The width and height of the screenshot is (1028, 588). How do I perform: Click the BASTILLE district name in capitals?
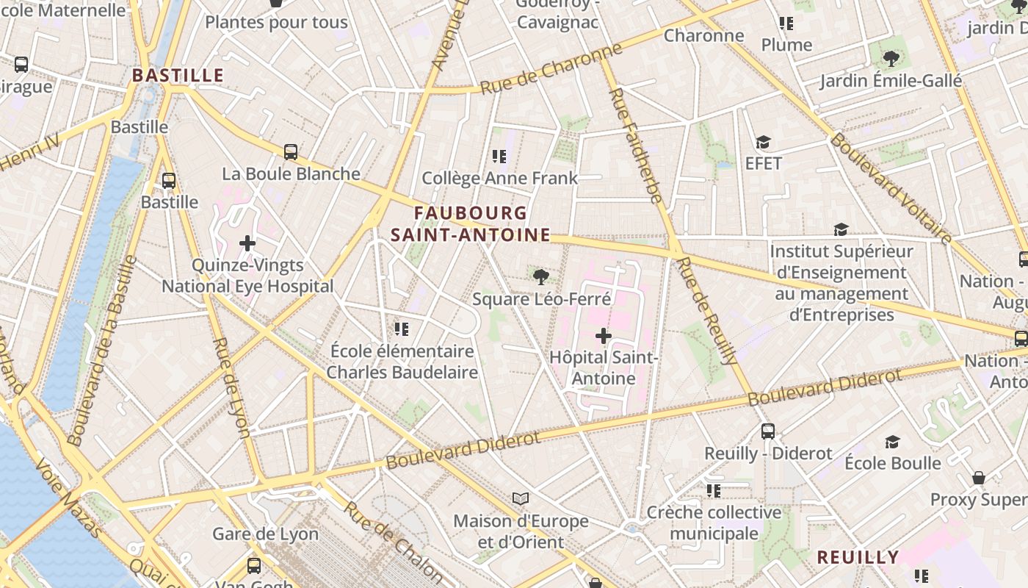(178, 75)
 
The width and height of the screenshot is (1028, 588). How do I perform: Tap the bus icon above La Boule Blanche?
(291, 152)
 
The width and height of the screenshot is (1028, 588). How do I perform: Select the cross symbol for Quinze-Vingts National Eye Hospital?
(247, 243)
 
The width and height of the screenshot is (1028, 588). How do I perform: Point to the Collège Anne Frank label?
(499, 178)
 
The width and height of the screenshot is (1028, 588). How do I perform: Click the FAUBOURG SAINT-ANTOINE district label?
(470, 223)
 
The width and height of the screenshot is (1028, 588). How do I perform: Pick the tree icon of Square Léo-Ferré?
(541, 277)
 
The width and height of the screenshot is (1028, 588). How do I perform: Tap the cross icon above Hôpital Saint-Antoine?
(604, 336)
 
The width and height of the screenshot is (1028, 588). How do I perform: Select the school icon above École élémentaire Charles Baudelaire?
(401, 329)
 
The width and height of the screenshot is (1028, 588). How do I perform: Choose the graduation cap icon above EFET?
(764, 142)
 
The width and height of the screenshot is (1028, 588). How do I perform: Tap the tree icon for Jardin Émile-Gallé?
(891, 58)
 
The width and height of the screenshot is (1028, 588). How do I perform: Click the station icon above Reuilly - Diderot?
(768, 431)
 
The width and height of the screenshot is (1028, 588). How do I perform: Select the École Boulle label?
(892, 463)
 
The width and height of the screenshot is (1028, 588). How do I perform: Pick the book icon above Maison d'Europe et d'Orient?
(521, 499)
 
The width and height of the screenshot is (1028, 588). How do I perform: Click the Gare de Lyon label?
(265, 534)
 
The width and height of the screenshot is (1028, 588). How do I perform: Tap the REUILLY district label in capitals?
(858, 557)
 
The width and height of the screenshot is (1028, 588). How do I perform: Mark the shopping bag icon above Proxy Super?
(978, 478)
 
